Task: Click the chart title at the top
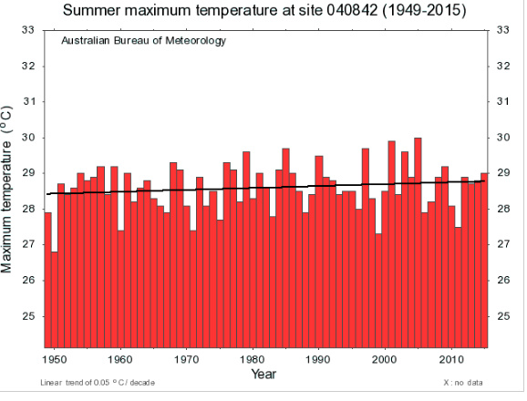(x=264, y=11)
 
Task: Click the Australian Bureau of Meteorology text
(x=143, y=42)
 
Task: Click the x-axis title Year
(x=264, y=374)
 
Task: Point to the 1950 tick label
(x=55, y=359)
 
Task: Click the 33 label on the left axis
(x=28, y=30)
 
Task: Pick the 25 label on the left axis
(x=28, y=316)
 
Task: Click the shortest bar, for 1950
(x=55, y=301)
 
